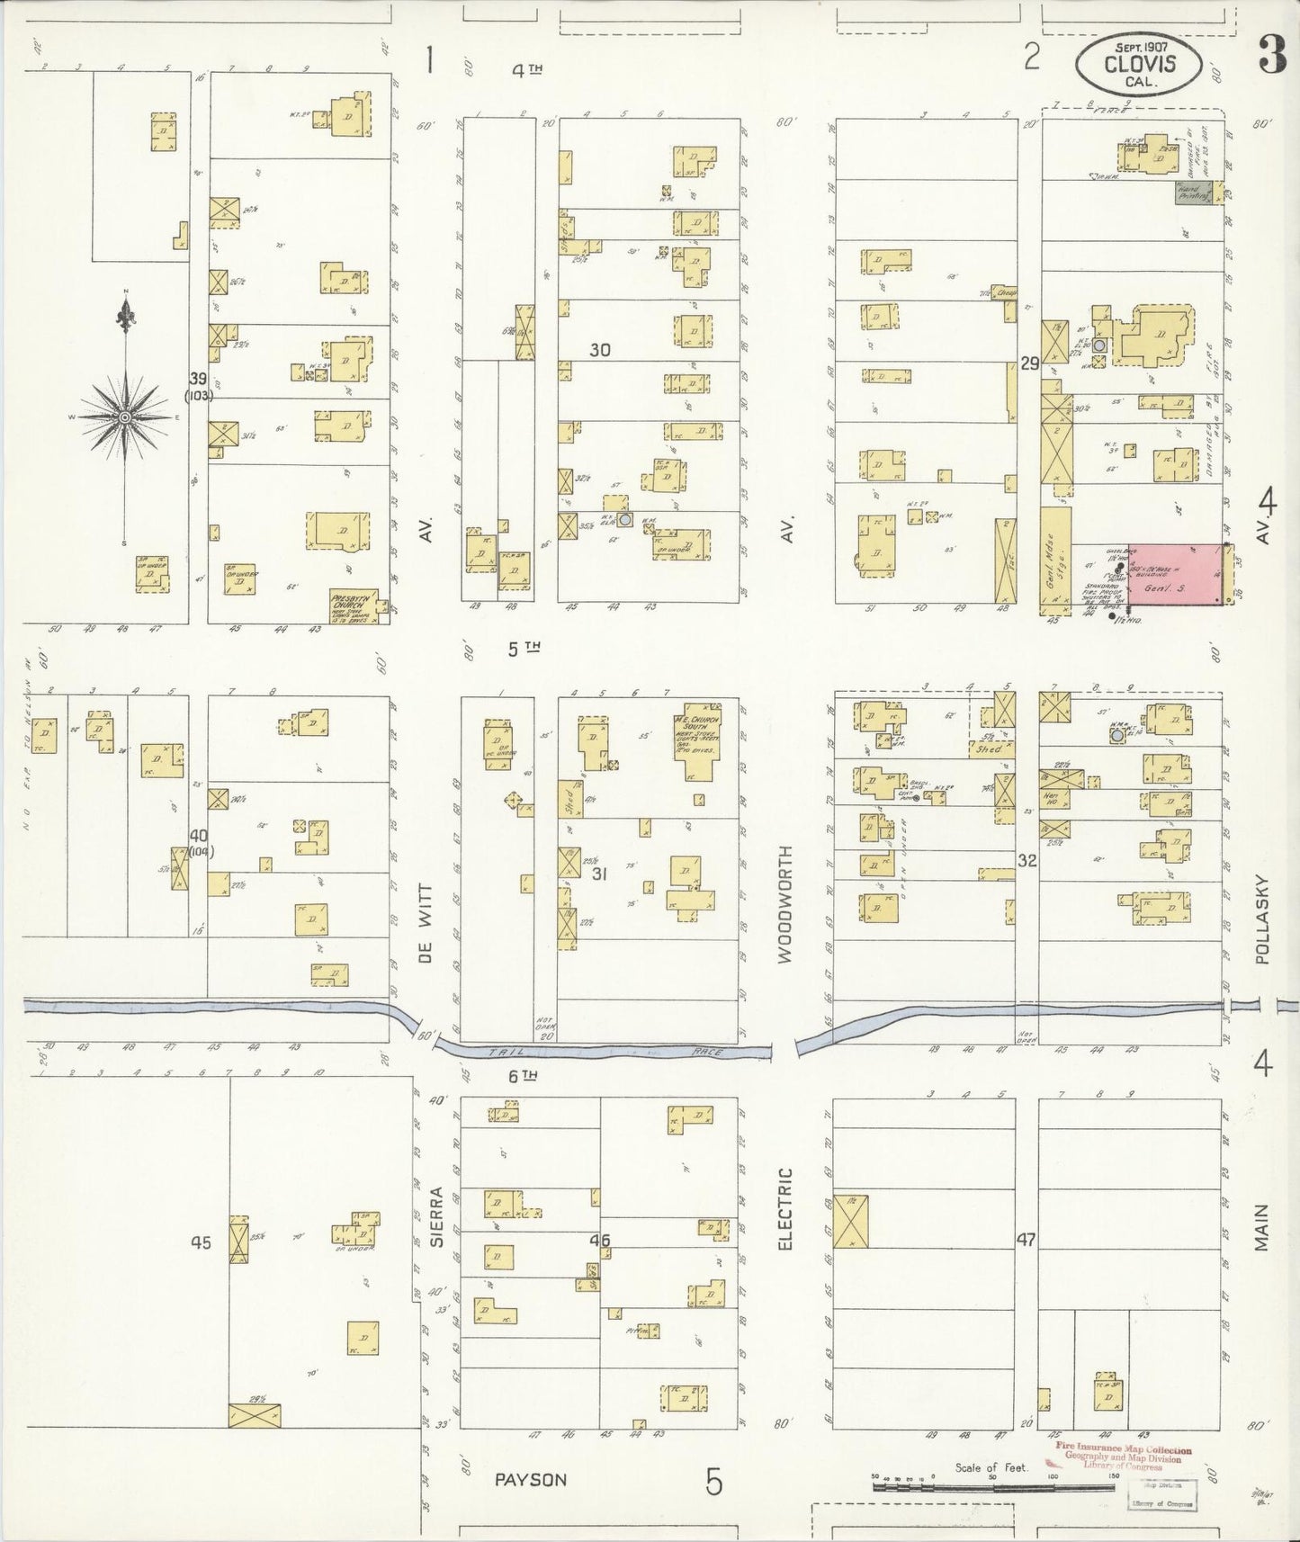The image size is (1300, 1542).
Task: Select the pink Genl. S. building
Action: click(1175, 573)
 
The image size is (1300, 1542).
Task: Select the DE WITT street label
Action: click(426, 922)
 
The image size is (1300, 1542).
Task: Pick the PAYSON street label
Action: click(530, 1479)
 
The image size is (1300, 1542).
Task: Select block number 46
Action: click(599, 1241)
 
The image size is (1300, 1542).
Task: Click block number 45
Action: click(200, 1242)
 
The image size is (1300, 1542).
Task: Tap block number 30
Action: click(599, 350)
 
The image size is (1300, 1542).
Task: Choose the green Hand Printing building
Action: click(1194, 192)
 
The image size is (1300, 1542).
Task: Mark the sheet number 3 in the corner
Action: click(1271, 57)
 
